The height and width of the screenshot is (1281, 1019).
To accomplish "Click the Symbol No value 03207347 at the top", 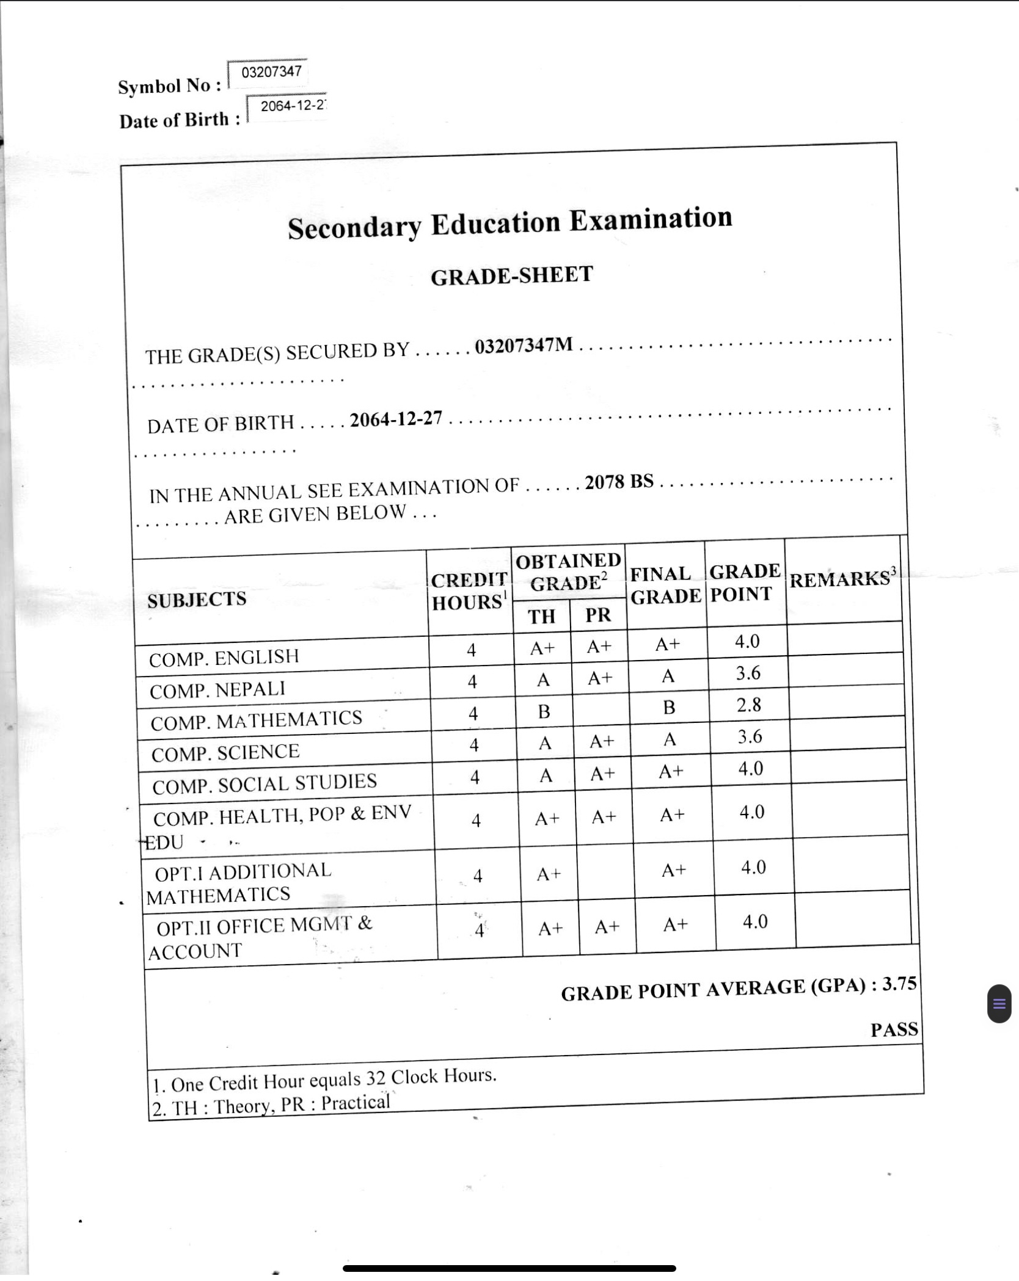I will (x=271, y=71).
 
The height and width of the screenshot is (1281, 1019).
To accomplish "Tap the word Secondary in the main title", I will (x=354, y=228).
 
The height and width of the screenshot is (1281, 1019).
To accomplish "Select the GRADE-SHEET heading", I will (x=511, y=275).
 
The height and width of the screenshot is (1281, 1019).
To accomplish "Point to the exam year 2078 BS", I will (x=619, y=482).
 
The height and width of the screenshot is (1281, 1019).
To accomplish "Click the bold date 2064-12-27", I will (x=396, y=419).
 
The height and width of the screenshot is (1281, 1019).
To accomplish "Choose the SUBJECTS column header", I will (x=197, y=600).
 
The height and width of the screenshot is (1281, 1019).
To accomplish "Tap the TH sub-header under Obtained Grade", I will (x=542, y=617).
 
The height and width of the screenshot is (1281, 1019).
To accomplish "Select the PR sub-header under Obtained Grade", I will (x=598, y=615).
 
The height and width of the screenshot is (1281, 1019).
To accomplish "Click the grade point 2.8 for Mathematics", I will (x=749, y=705).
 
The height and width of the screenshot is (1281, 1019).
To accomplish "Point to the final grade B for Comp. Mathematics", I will (x=669, y=707).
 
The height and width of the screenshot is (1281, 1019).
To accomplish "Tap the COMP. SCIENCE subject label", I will (x=225, y=753).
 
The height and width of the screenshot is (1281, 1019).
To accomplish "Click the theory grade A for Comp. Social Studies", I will (x=546, y=775).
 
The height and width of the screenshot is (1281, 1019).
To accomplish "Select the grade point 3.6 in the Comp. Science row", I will (x=750, y=737).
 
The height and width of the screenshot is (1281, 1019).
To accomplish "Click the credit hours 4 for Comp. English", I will (x=471, y=650).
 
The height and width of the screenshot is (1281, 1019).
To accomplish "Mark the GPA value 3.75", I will (x=899, y=984).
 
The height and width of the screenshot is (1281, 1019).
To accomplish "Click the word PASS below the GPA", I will (x=894, y=1029).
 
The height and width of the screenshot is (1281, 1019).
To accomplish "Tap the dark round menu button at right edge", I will (x=999, y=1003).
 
